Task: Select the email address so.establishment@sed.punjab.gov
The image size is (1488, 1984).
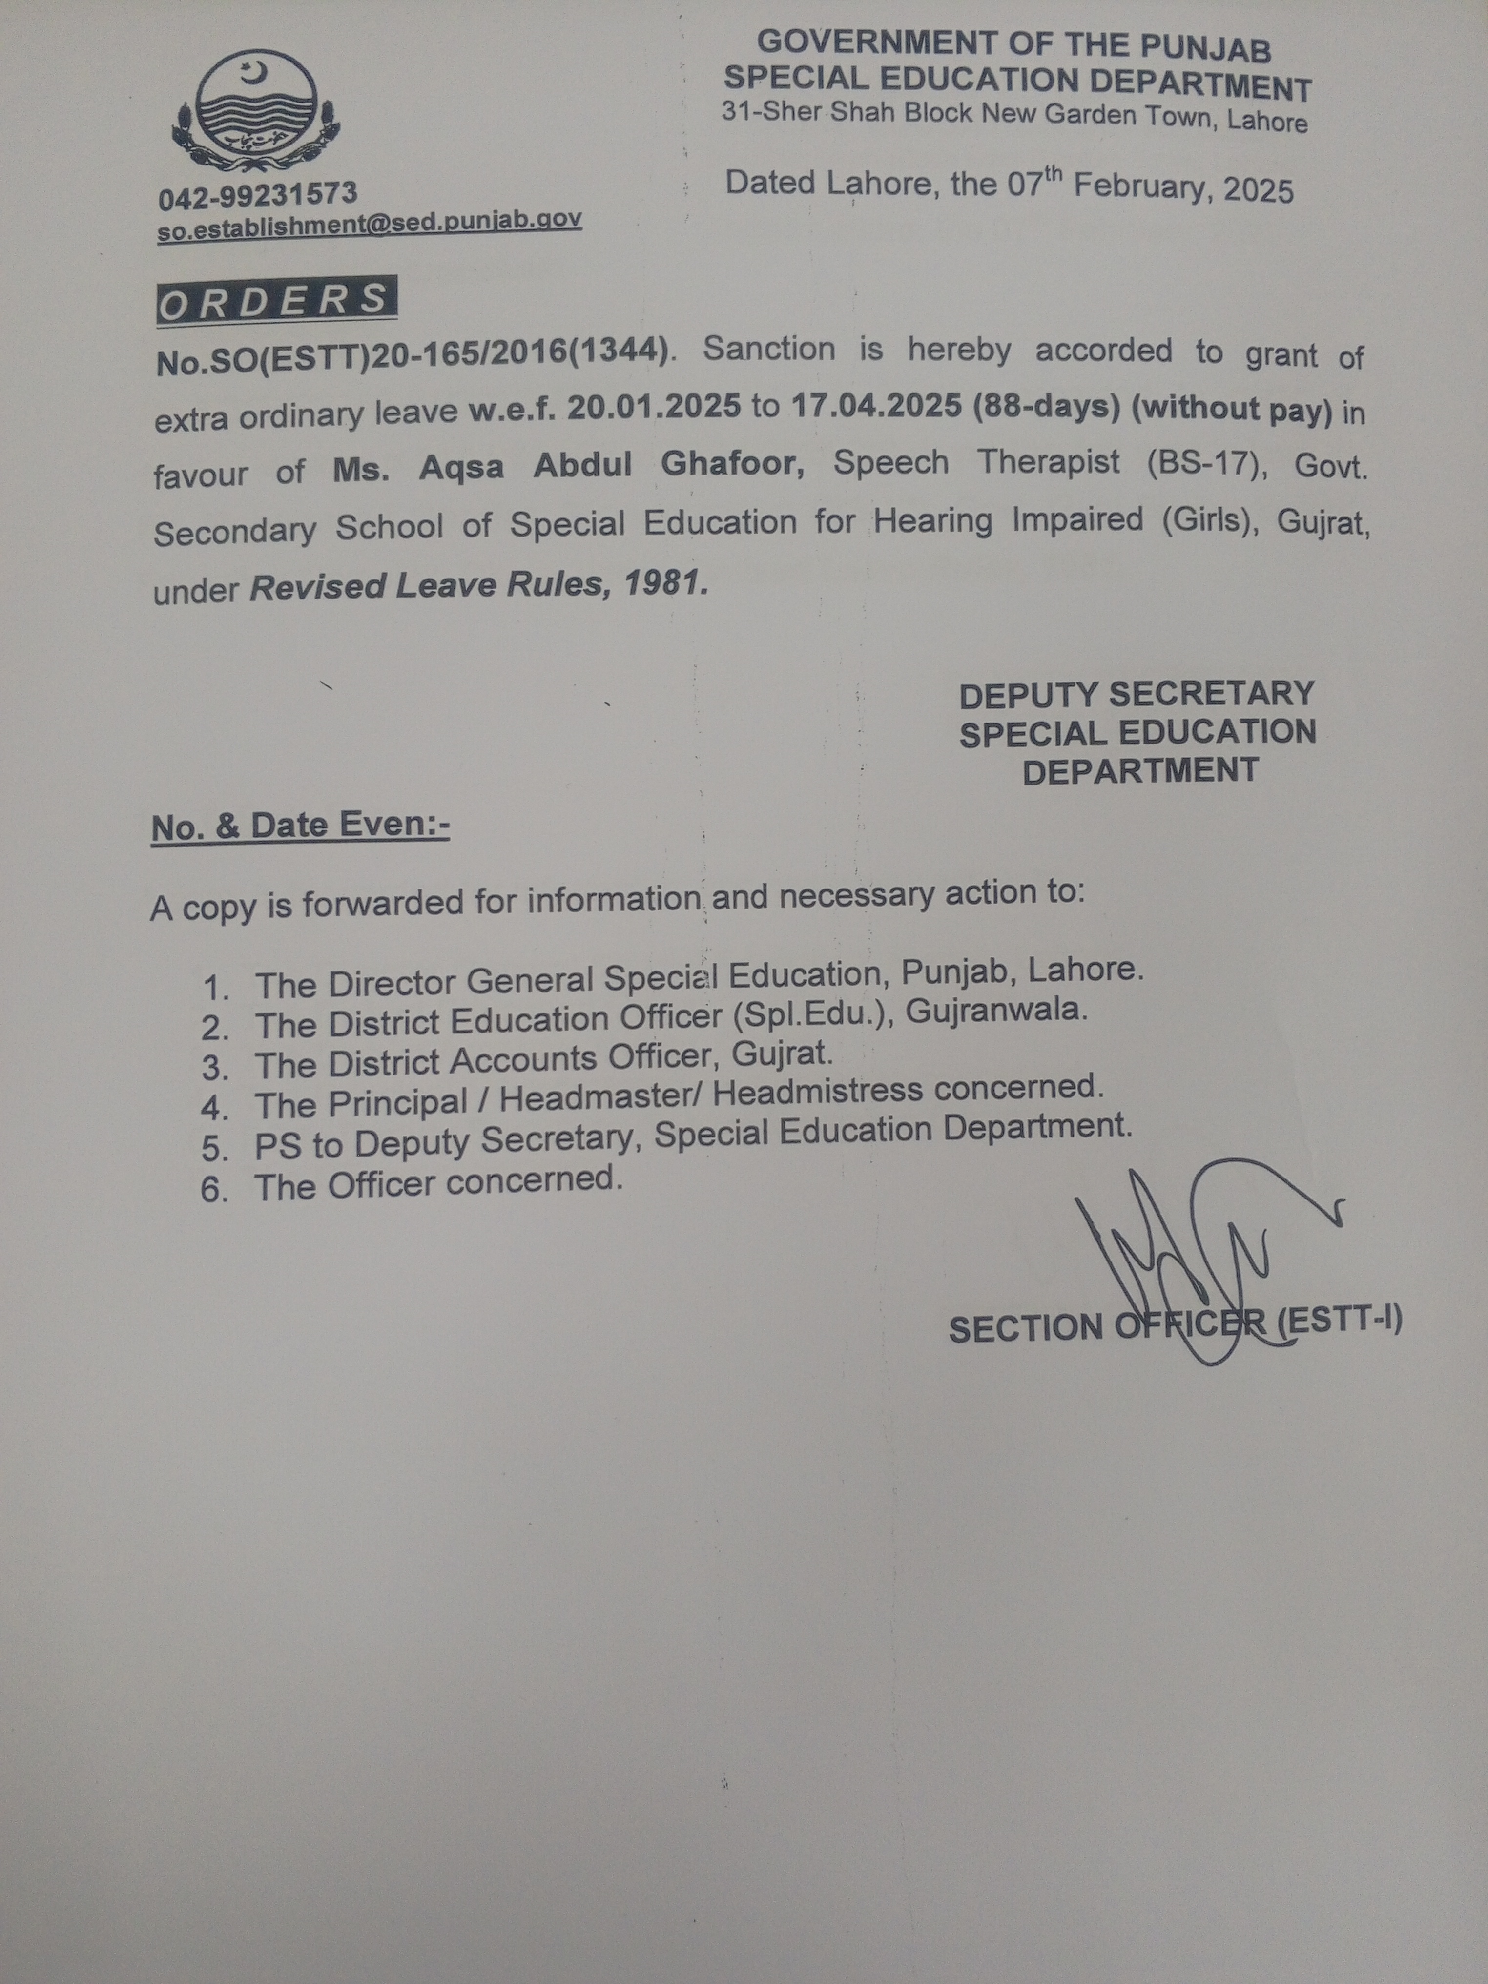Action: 370,223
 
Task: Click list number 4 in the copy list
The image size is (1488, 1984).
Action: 215,1108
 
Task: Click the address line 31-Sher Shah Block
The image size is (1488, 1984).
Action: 1013,116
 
